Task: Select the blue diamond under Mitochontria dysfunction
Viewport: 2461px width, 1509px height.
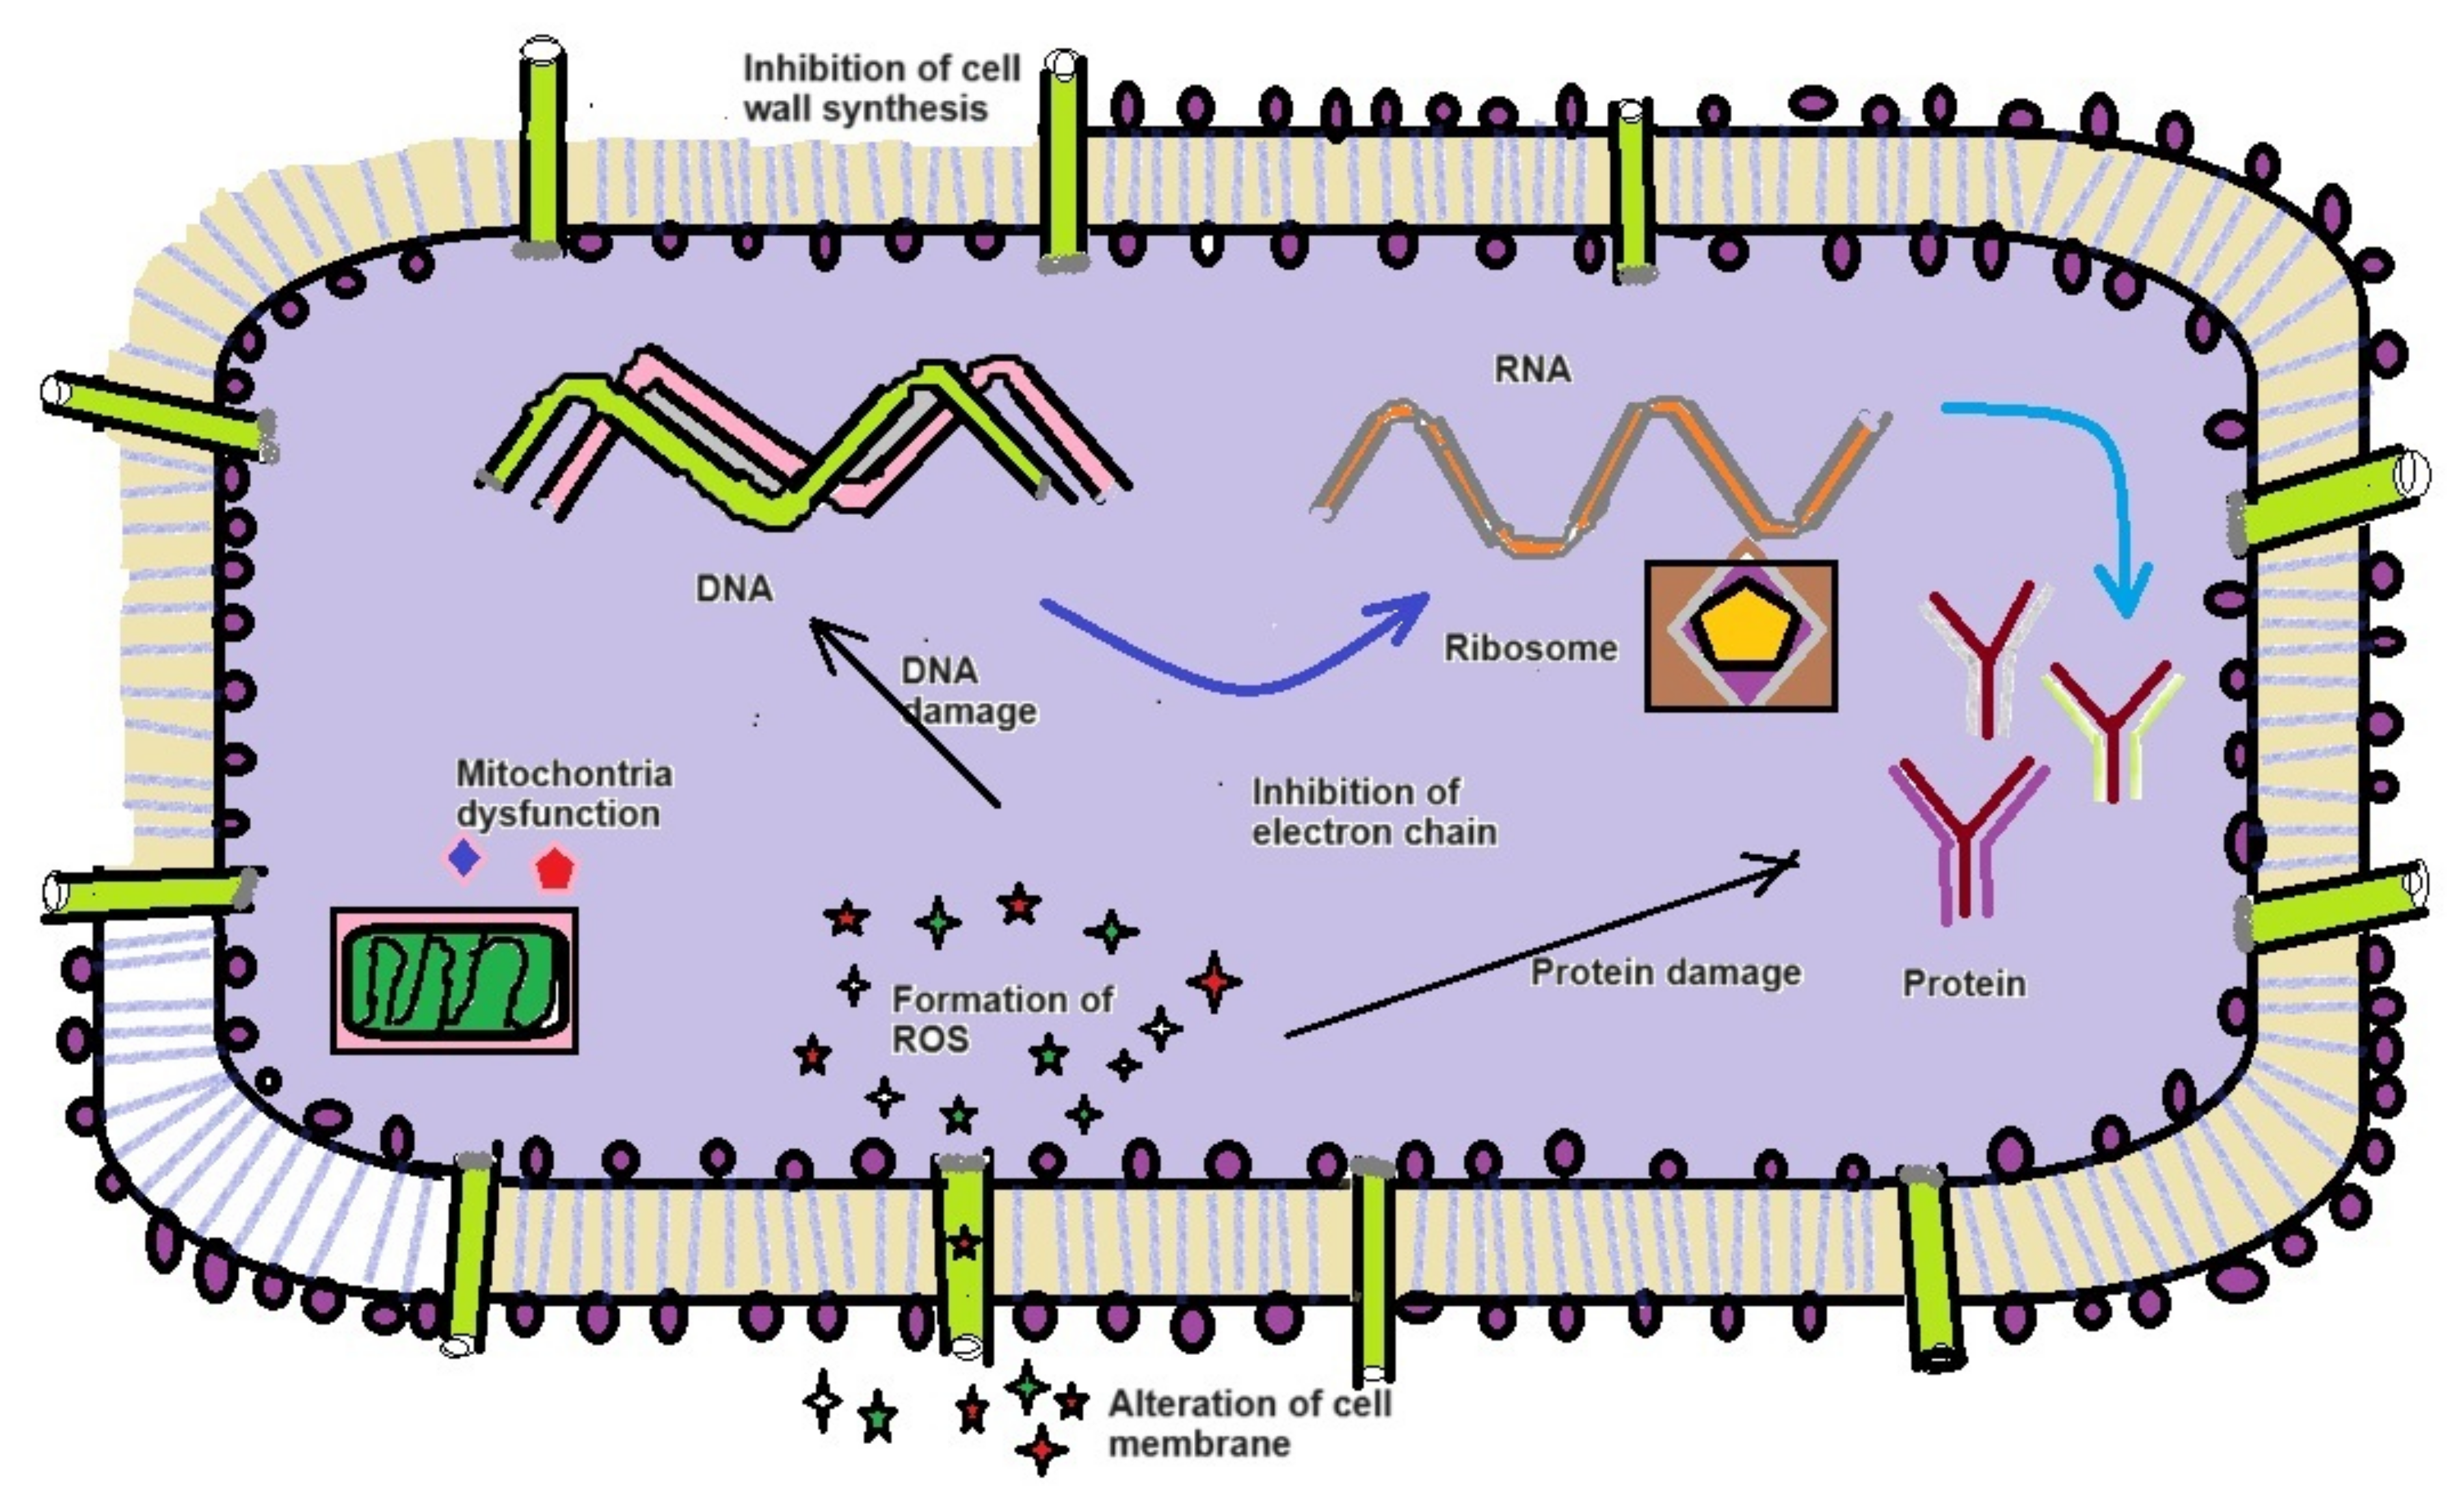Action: click(462, 858)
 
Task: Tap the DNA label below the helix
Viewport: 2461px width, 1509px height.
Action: click(734, 589)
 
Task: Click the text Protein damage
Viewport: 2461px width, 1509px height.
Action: click(1666, 972)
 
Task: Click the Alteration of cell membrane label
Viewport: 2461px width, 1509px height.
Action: click(1249, 1423)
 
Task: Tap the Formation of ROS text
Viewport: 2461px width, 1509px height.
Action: click(999, 1019)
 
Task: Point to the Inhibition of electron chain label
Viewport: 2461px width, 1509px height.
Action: click(1374, 812)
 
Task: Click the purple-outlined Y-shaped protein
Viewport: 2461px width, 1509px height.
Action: click(1965, 839)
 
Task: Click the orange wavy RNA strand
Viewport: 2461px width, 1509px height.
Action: click(1598, 479)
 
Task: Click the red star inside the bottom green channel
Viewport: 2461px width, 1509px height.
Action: click(964, 1244)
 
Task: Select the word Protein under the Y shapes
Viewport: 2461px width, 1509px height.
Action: click(1963, 984)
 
